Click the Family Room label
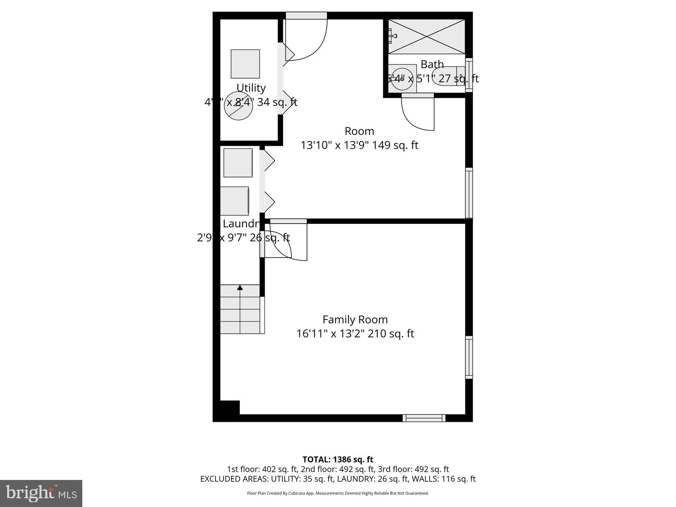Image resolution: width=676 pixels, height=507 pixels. click(355, 320)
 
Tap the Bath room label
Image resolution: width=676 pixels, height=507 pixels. click(432, 64)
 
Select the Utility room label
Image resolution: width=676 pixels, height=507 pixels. click(251, 88)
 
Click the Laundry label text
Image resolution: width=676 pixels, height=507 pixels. click(241, 223)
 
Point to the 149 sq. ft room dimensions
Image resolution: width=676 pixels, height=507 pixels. click(359, 146)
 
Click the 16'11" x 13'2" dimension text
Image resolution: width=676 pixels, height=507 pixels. click(355, 334)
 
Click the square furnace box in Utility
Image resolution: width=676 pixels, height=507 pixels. click(245, 64)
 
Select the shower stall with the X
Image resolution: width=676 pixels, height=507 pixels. click(426, 36)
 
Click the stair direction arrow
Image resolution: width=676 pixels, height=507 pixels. click(240, 287)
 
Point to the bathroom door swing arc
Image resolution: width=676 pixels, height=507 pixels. click(418, 115)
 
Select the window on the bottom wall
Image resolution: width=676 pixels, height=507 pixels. click(423, 418)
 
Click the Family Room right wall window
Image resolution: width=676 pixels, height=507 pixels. click(469, 357)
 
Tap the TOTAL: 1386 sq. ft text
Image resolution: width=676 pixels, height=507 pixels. click(338, 460)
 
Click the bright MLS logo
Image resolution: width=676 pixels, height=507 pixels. click(41, 493)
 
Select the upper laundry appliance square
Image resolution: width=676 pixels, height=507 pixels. click(238, 163)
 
